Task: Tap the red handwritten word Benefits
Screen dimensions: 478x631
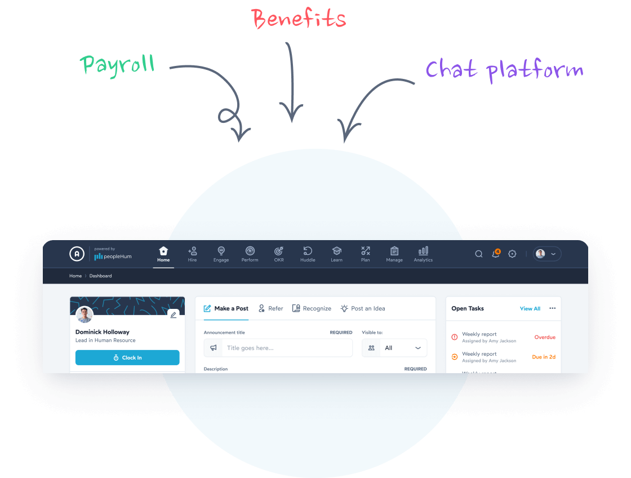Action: [x=299, y=19]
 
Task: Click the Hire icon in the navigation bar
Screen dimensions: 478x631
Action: [x=192, y=254]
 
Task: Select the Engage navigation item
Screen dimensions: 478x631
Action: [x=221, y=254]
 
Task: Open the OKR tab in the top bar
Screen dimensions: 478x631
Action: [x=279, y=254]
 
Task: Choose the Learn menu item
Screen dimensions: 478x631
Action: [x=336, y=254]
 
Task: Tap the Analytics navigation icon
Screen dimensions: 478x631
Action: [x=423, y=254]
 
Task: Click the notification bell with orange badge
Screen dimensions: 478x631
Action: [x=496, y=254]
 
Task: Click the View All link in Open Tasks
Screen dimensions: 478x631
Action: [x=530, y=308]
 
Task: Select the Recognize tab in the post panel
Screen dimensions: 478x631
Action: [x=312, y=308]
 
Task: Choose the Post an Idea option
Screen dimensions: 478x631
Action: [x=363, y=308]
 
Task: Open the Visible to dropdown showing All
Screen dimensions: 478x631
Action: [x=394, y=348]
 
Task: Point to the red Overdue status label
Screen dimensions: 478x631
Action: [x=545, y=337]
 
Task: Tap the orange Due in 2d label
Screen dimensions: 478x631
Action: [x=544, y=357]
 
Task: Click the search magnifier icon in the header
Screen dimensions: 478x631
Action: [x=479, y=254]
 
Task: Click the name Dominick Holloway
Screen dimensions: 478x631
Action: [x=102, y=332]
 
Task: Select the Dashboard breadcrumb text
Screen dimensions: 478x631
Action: [x=100, y=276]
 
